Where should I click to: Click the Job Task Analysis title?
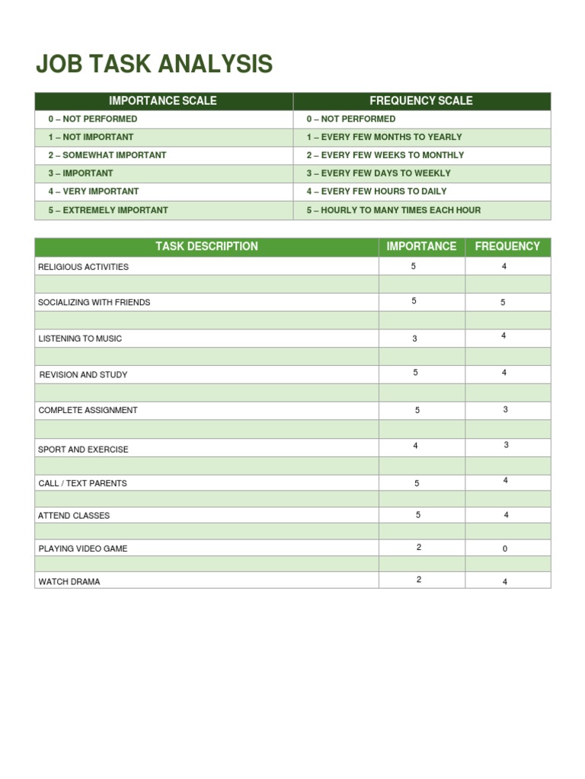(154, 65)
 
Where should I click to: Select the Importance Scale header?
(163, 100)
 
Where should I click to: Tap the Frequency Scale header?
(420, 100)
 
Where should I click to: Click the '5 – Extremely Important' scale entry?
(108, 210)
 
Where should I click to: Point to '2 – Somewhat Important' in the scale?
(107, 155)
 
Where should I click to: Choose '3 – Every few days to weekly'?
(379, 173)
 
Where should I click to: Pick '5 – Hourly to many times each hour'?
(394, 210)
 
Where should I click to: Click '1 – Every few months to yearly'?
(384, 137)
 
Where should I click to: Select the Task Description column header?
(206, 246)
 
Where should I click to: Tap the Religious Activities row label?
(83, 267)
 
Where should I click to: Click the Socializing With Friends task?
(94, 303)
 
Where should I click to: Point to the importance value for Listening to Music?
(414, 339)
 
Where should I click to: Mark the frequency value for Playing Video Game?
(504, 548)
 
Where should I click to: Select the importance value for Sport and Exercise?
(415, 446)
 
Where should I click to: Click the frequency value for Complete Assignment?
(505, 409)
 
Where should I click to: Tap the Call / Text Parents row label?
(82, 483)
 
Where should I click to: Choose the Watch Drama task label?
(69, 582)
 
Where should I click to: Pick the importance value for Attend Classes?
(418, 515)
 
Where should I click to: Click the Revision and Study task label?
(83, 375)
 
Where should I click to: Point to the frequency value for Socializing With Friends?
(503, 303)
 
